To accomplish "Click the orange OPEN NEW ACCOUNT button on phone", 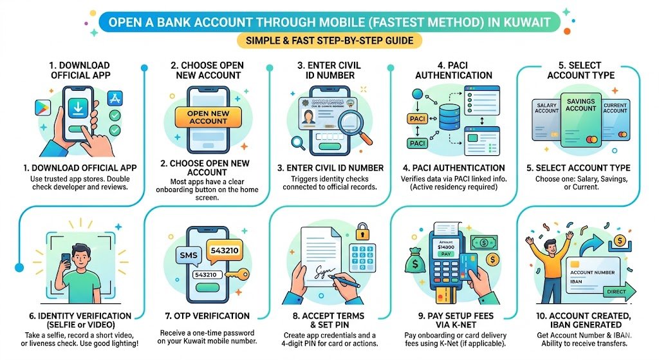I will coord(208,117).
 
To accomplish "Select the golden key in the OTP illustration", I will coord(239,276).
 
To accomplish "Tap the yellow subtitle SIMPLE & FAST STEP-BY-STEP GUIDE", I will coord(329,41).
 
